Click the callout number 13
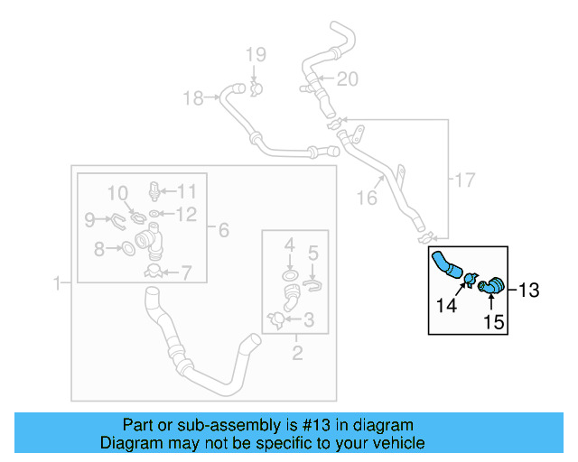(x=529, y=290)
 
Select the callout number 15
(x=493, y=320)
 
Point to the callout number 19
(x=254, y=55)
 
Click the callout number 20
(x=348, y=79)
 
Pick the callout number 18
(x=193, y=98)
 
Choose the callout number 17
(x=463, y=180)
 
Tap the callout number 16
(x=366, y=197)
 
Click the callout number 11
(x=186, y=190)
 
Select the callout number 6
(x=223, y=230)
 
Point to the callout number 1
(x=57, y=283)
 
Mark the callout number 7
(x=186, y=271)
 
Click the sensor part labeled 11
(x=155, y=191)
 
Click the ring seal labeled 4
(x=289, y=274)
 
